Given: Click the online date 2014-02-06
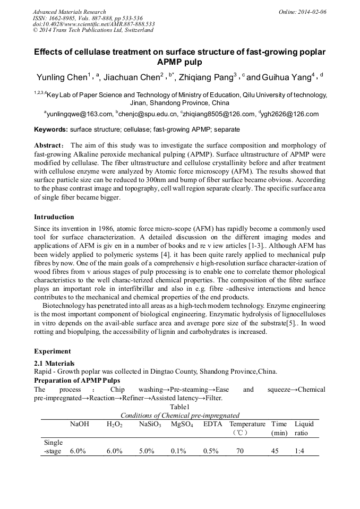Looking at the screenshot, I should pyautogui.click(x=306, y=11).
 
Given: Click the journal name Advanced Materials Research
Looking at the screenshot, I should pyautogui.click(x=69, y=11).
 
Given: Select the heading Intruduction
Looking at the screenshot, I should pyautogui.click(x=54, y=217).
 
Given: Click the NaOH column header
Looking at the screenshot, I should pyautogui.click(x=80, y=424).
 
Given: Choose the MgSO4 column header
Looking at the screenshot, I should pyautogui.click(x=182, y=424).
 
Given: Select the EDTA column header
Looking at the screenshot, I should pyautogui.click(x=213, y=424).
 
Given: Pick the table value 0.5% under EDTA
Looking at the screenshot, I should pyautogui.click(x=211, y=451).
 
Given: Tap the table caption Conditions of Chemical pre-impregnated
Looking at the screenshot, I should pyautogui.click(x=180, y=415).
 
